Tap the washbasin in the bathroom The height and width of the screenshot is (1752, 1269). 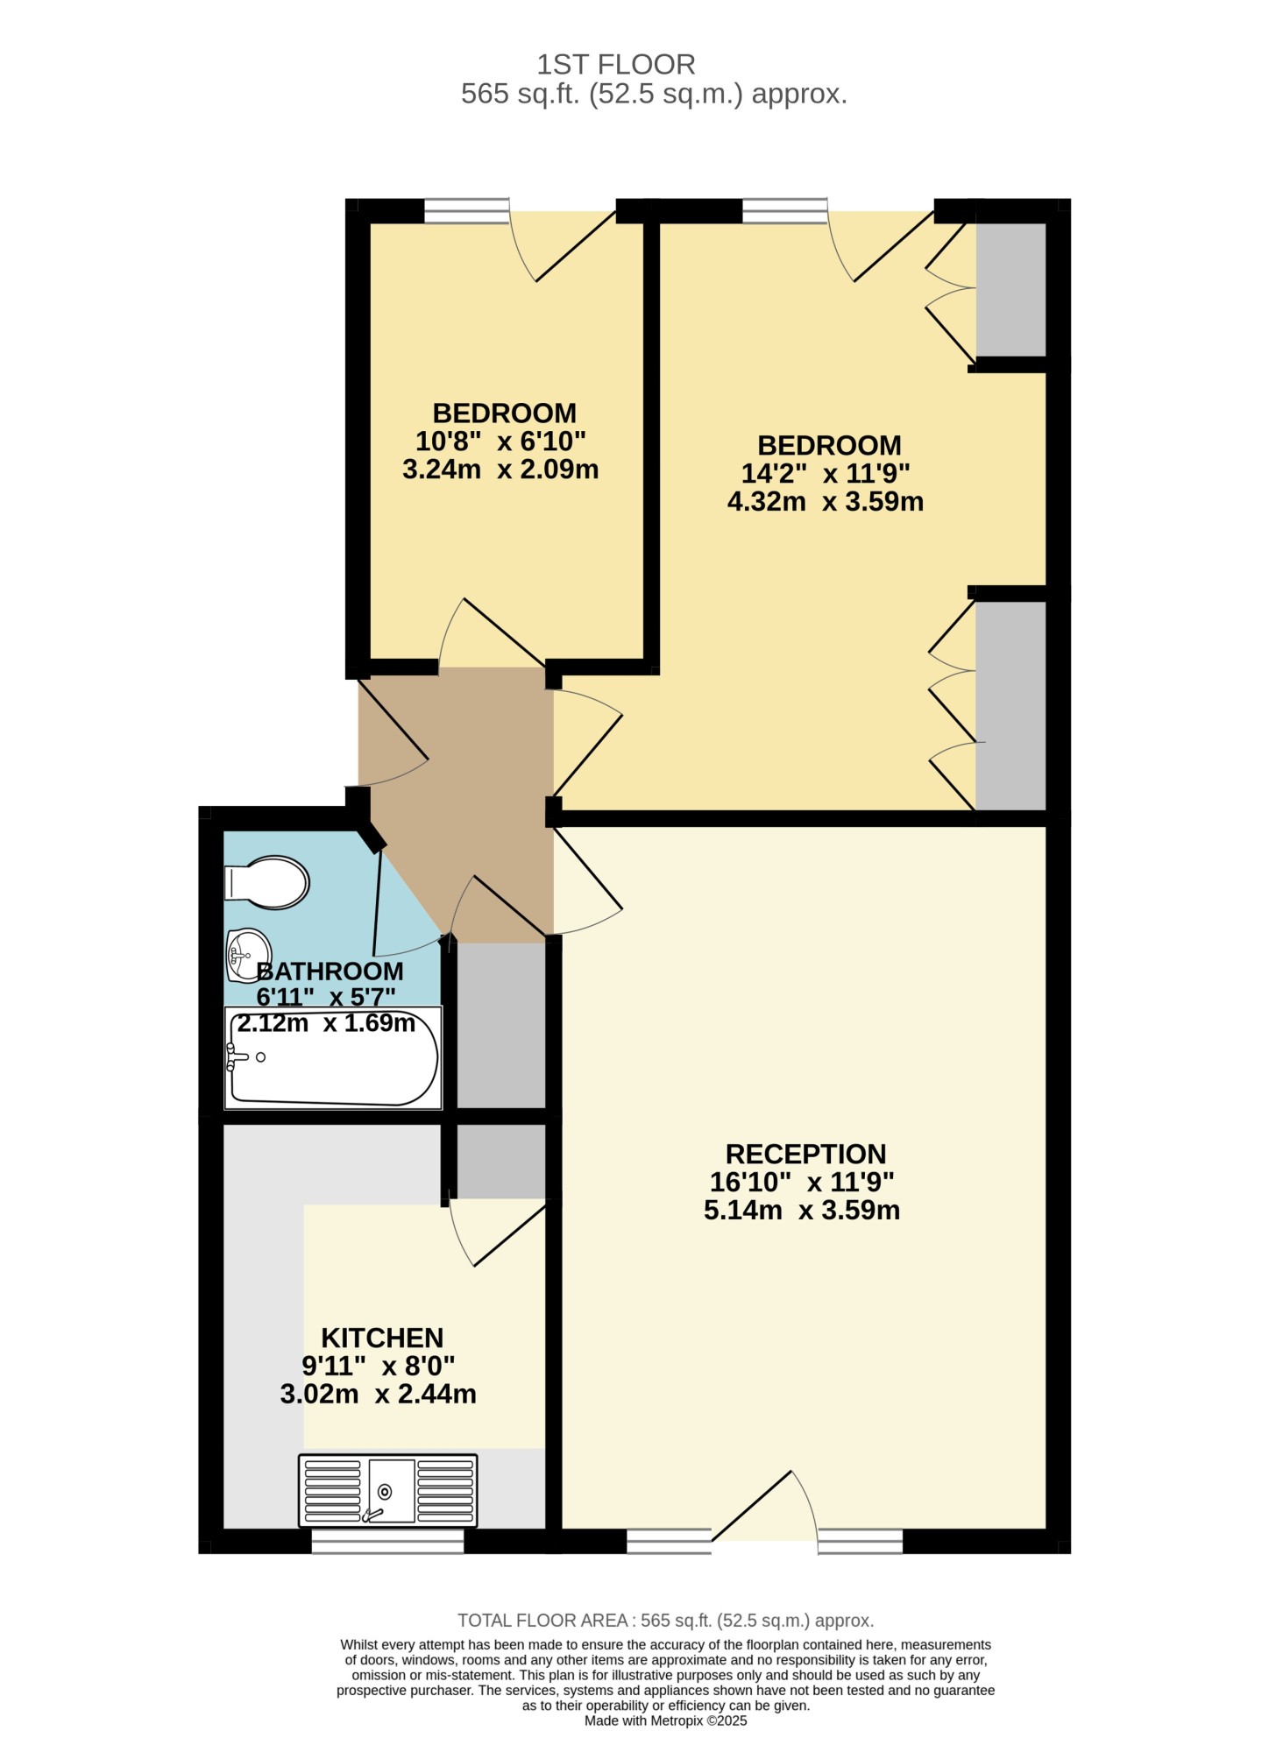[247, 955]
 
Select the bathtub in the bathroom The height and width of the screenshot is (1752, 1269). [333, 1057]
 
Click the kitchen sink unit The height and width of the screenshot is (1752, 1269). [388, 1491]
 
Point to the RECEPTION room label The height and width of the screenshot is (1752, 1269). [805, 1154]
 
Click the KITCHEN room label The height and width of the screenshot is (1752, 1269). [382, 1338]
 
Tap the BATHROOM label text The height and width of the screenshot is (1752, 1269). [330, 971]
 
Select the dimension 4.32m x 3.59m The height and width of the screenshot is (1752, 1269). [826, 502]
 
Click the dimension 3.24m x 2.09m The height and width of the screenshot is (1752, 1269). [500, 470]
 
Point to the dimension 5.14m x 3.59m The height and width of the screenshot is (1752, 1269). [802, 1210]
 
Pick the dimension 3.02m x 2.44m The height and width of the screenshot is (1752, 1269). [379, 1394]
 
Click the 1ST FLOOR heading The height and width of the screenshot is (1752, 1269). [616, 64]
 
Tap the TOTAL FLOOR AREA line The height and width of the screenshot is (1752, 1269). [666, 1621]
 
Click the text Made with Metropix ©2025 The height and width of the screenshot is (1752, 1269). [666, 1720]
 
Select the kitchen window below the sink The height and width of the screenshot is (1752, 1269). [387, 1541]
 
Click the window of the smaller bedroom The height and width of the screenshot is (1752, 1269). [466, 211]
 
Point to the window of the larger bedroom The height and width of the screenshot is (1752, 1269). [784, 211]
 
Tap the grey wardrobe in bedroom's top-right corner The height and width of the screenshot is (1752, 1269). [1010, 290]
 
